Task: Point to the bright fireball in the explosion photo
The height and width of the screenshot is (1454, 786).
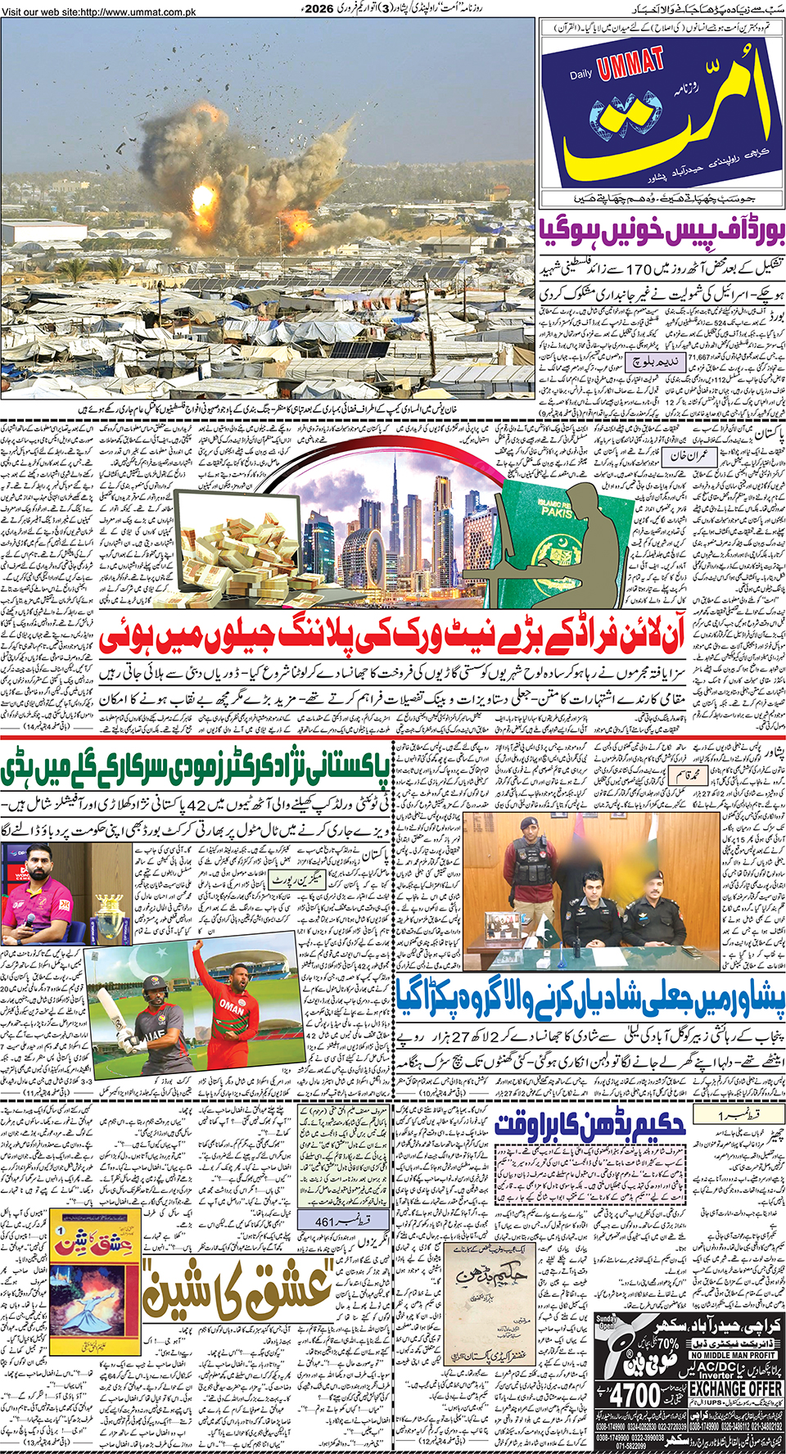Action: pyautogui.click(x=202, y=196)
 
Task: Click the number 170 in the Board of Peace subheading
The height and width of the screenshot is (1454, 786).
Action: pyautogui.click(x=638, y=269)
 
